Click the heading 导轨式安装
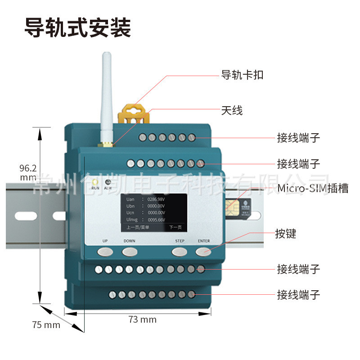[x=77, y=27]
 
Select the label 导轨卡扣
[x=242, y=75]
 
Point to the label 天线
[x=232, y=110]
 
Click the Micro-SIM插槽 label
[x=313, y=188]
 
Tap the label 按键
[x=286, y=234]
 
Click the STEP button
[x=180, y=251]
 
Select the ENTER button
[x=204, y=251]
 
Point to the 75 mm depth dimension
[x=46, y=324]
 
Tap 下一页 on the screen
[x=175, y=228]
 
